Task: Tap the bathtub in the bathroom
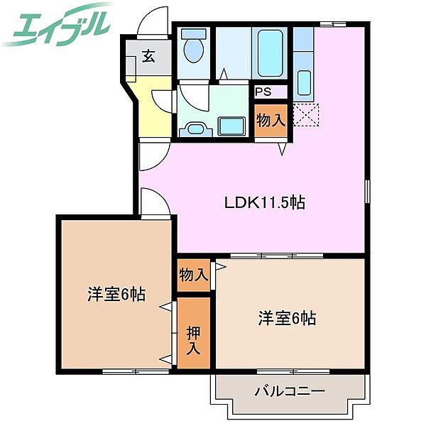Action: click(x=270, y=53)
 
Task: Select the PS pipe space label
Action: click(x=263, y=92)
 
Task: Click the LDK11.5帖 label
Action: click(x=265, y=202)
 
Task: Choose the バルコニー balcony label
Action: click(x=290, y=391)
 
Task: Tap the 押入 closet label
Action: click(x=193, y=341)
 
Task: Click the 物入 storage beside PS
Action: click(x=271, y=120)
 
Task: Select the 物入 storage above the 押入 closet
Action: click(x=194, y=275)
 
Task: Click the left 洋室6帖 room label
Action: click(x=116, y=294)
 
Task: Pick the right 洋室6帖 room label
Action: click(x=287, y=318)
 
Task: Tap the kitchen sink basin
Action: click(x=304, y=82)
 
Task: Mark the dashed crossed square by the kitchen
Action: click(x=306, y=115)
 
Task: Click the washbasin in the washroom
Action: click(x=195, y=129)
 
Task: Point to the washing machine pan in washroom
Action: click(x=232, y=126)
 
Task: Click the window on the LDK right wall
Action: click(x=367, y=191)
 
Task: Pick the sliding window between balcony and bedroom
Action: click(x=293, y=371)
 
